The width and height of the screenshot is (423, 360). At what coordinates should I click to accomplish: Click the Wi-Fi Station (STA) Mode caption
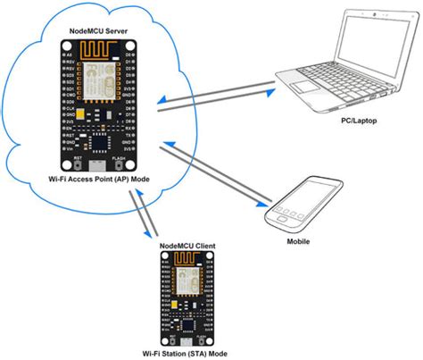click(192, 354)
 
